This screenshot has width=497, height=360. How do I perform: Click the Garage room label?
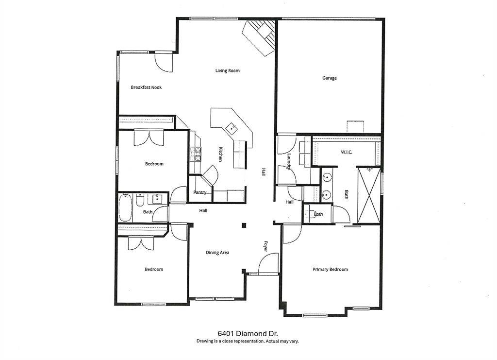pyautogui.click(x=330, y=78)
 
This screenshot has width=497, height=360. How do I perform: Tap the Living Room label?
pyautogui.click(x=227, y=71)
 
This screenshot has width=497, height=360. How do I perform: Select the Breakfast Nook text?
pyautogui.click(x=146, y=87)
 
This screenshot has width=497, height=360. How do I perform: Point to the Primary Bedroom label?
pyautogui.click(x=330, y=269)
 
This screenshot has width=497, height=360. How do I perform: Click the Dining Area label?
pyautogui.click(x=217, y=253)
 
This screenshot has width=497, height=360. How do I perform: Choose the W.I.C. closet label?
pyautogui.click(x=347, y=152)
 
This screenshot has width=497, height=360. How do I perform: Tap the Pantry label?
pyautogui.click(x=199, y=192)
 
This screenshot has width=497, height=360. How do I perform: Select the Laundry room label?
pyautogui.click(x=289, y=162)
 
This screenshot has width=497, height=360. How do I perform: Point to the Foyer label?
pyautogui.click(x=265, y=246)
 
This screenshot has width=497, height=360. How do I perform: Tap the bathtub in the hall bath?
pyautogui.click(x=125, y=208)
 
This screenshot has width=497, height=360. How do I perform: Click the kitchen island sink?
pyautogui.click(x=232, y=128)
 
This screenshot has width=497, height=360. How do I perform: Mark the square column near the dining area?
pyautogui.click(x=244, y=225)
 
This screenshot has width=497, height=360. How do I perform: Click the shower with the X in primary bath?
pyautogui.click(x=369, y=196)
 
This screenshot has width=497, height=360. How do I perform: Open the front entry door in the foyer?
pyautogui.click(x=269, y=264)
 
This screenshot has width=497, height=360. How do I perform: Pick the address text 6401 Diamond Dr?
pyautogui.click(x=248, y=333)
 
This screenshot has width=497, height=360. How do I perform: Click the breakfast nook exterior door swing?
pyautogui.click(x=163, y=63)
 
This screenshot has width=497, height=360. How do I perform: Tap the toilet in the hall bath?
pyautogui.click(x=140, y=201)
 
